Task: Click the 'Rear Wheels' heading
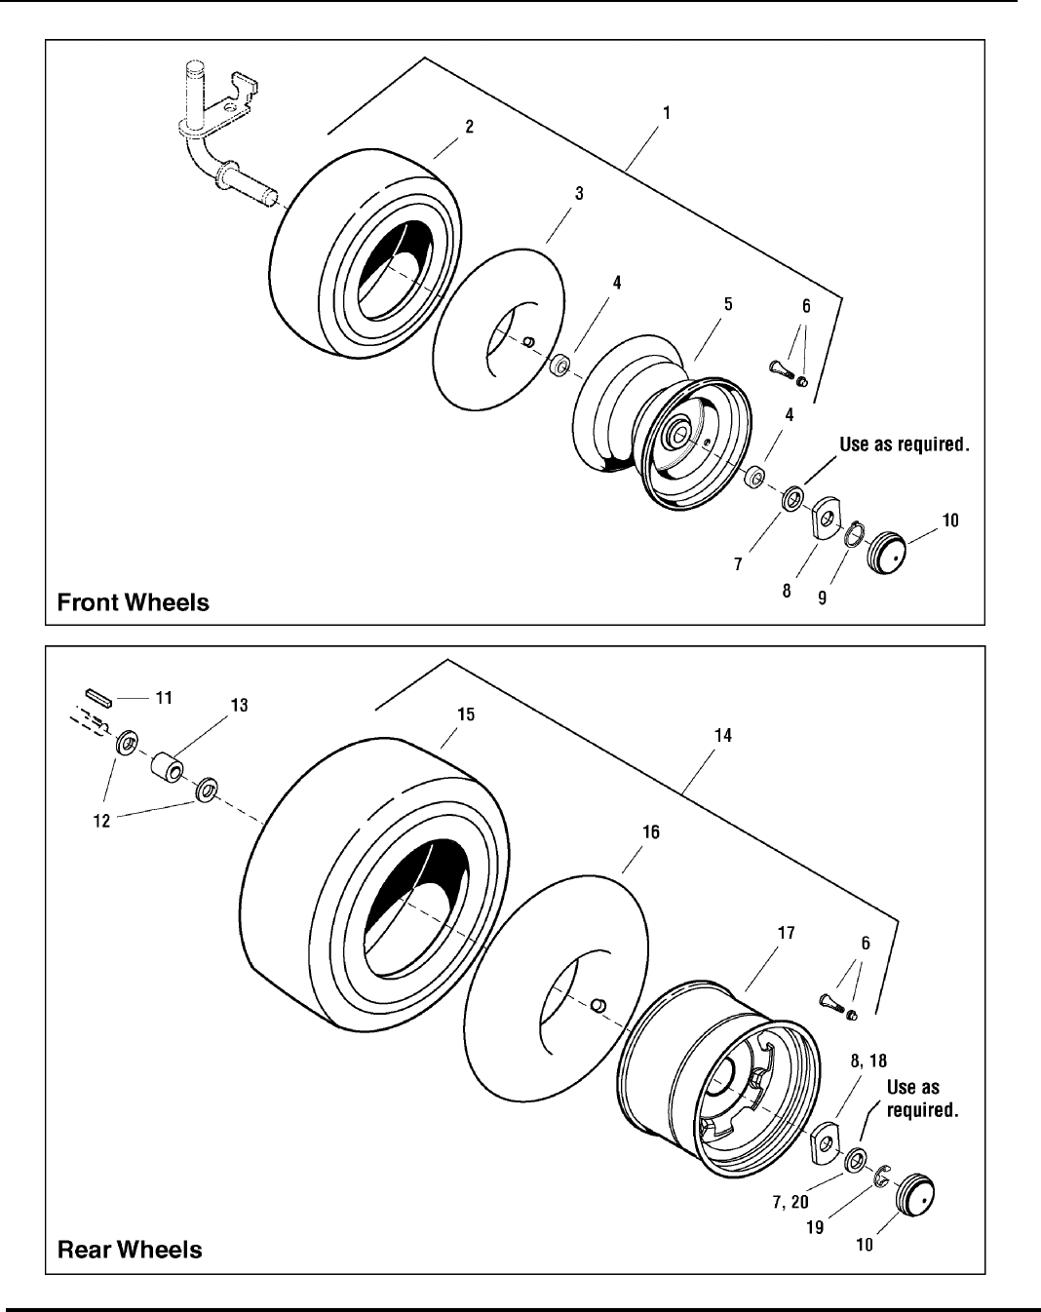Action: (130, 1249)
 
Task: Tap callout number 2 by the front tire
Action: (469, 127)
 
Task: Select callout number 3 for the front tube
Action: (579, 193)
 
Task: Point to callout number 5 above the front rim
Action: (728, 304)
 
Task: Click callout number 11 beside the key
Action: (164, 697)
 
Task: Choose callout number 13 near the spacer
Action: (239, 705)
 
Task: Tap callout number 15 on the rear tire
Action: (466, 714)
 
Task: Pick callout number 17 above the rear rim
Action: (786, 933)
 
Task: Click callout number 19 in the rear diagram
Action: (814, 1227)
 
